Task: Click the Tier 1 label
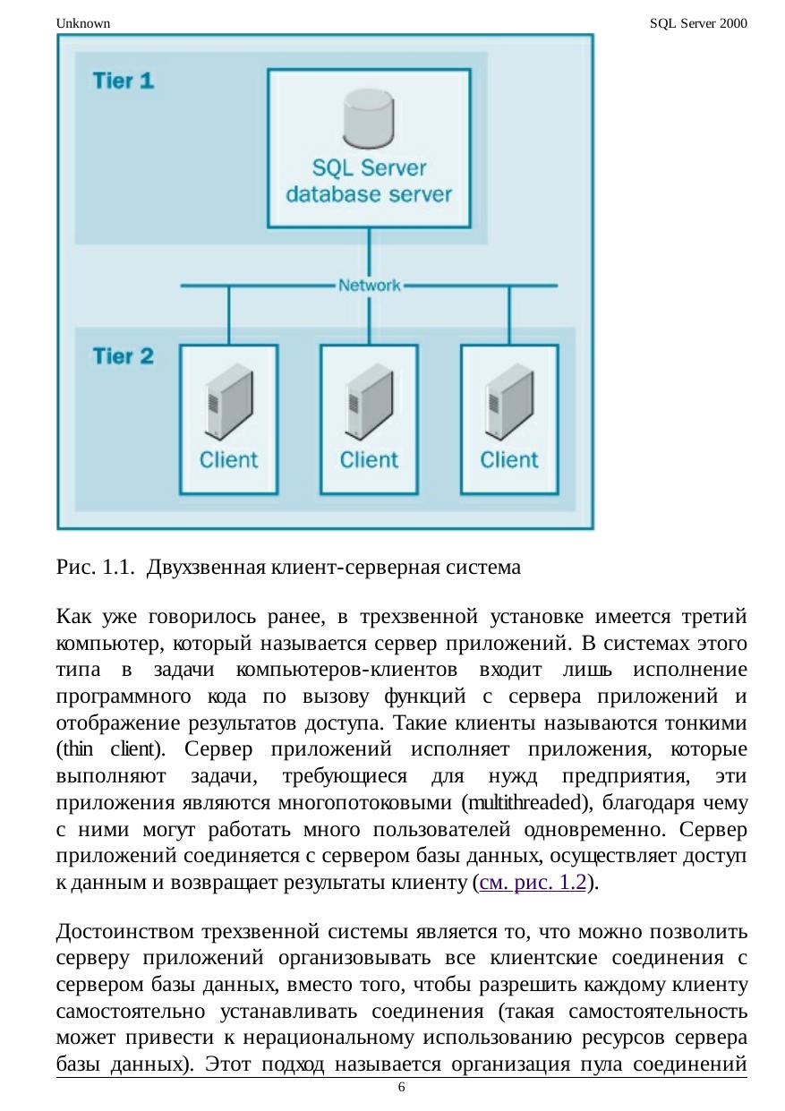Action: [x=124, y=81]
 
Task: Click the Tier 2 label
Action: [x=124, y=356]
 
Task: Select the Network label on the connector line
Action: [x=370, y=286]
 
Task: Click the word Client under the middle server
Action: [x=369, y=460]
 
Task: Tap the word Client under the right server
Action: [x=509, y=460]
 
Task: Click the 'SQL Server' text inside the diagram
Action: [x=369, y=168]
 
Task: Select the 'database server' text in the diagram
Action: [x=369, y=194]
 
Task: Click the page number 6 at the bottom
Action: [x=401, y=1087]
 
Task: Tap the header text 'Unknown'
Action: [x=82, y=23]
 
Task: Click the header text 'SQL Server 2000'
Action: [x=698, y=23]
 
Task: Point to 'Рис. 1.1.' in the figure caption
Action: [x=96, y=567]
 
